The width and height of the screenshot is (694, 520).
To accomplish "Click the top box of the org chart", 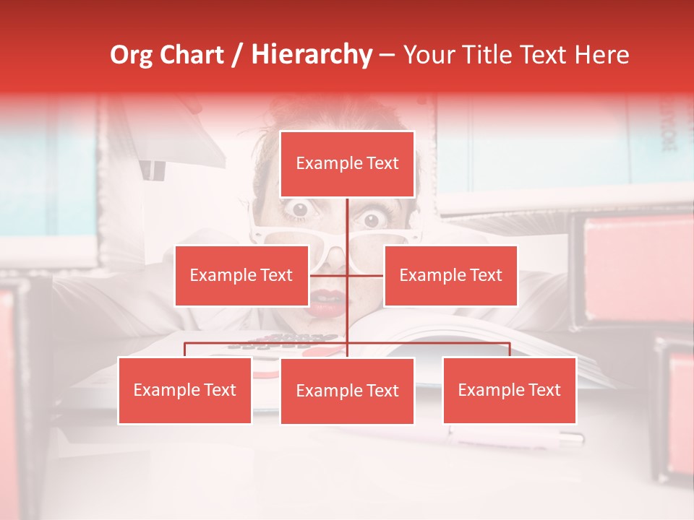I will [x=347, y=164].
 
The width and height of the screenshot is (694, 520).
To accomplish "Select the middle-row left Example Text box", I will [x=241, y=275].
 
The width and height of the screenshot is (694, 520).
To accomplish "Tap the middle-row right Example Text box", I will [x=450, y=275].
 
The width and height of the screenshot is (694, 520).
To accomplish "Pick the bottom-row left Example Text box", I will [x=185, y=390].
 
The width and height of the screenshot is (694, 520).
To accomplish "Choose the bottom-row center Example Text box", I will [x=347, y=391].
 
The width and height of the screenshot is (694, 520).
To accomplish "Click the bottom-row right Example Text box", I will [x=509, y=390].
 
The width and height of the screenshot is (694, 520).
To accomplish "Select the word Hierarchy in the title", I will [x=311, y=55].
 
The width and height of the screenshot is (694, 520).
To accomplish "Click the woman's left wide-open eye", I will [x=299, y=209].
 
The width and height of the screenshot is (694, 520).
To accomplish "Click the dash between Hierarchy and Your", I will [x=387, y=55].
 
